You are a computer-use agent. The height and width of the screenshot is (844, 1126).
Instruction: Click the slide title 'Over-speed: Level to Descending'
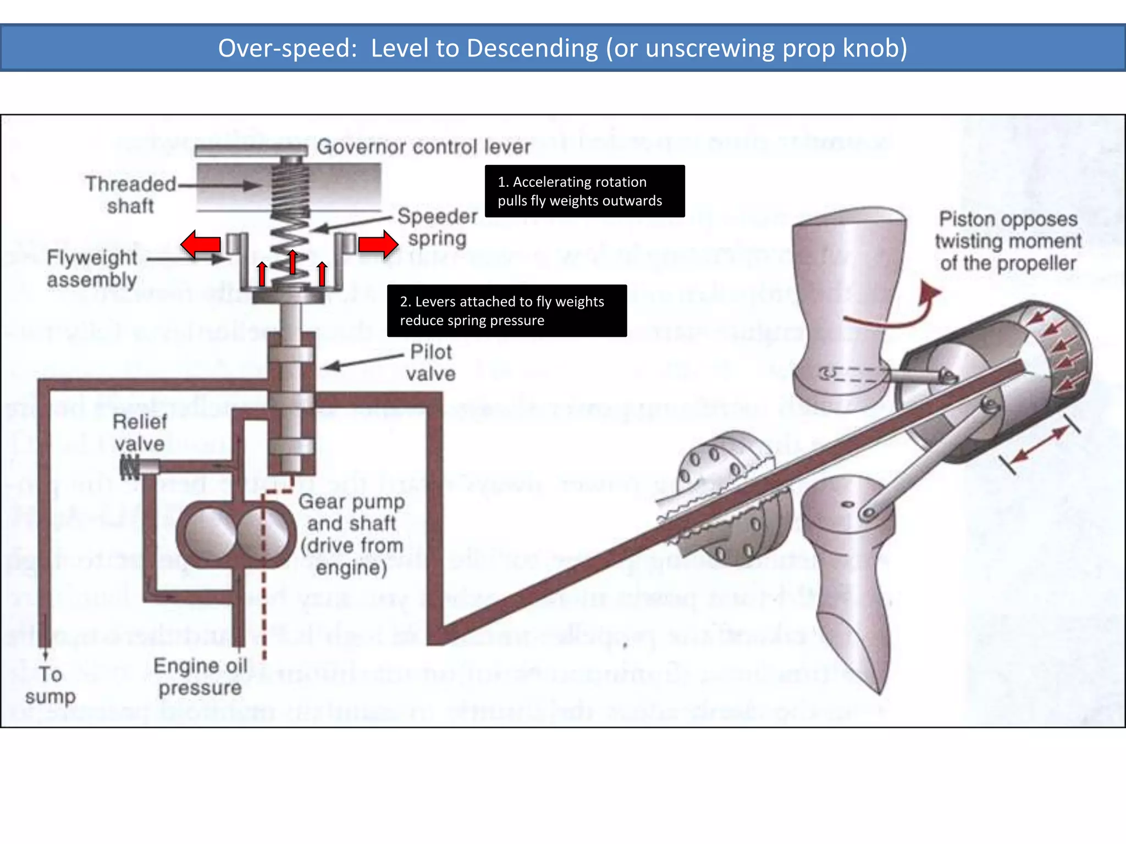tap(562, 48)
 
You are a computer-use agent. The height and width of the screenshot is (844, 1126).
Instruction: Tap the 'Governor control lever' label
tap(423, 147)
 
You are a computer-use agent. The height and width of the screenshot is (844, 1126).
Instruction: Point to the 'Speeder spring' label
tap(438, 227)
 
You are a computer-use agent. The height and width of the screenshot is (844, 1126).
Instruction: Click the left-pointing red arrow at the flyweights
tap(201, 245)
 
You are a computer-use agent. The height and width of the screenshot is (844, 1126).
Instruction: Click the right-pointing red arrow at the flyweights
tap(378, 244)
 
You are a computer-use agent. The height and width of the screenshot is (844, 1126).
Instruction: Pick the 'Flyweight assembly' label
tap(92, 269)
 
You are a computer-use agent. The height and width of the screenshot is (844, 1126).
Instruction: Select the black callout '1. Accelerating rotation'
tap(584, 191)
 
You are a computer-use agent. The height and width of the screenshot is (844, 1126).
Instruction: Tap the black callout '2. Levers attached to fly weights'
tap(506, 311)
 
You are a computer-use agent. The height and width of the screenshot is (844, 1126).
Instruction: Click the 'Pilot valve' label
tap(431, 363)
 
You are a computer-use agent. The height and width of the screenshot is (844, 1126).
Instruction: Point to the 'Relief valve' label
tap(140, 433)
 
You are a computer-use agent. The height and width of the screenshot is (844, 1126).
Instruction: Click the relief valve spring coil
tap(130, 468)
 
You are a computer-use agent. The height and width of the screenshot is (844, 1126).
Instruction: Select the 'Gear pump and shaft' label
tap(352, 534)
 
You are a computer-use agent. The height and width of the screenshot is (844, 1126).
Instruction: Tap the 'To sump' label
tap(50, 685)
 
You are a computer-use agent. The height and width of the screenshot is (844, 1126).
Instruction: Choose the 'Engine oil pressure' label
tap(200, 677)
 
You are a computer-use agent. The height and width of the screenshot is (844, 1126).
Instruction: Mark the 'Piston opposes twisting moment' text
tap(1008, 241)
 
